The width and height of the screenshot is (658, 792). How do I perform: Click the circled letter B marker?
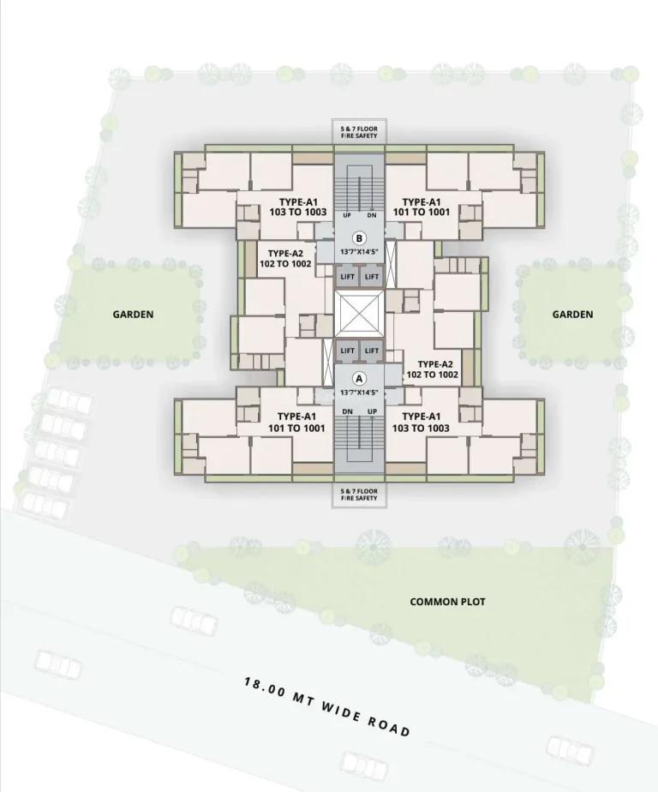359,238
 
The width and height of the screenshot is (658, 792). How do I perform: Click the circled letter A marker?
359,378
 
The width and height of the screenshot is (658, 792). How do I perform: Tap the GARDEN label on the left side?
133,315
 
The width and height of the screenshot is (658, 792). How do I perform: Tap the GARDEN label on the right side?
572,315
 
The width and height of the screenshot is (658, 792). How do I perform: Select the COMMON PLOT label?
447,602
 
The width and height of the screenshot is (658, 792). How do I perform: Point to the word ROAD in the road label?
388,724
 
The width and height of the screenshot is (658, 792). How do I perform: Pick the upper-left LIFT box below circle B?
348,277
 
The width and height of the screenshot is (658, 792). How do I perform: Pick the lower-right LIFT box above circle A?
372,351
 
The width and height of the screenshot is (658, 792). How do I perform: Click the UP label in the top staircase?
347,215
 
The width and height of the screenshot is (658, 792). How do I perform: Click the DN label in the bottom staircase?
348,411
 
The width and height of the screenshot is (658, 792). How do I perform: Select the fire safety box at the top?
359,132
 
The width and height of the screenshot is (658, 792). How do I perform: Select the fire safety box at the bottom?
359,495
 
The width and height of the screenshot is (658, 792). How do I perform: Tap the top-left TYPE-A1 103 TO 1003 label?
298,207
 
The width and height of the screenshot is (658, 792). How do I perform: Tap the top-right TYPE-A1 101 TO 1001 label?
422,207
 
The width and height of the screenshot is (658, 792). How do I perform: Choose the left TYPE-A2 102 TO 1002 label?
285,259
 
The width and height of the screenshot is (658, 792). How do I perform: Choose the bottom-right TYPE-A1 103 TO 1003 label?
422,423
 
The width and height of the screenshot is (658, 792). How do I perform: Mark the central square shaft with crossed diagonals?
359,314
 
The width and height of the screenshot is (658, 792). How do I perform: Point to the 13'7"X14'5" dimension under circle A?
359,393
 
